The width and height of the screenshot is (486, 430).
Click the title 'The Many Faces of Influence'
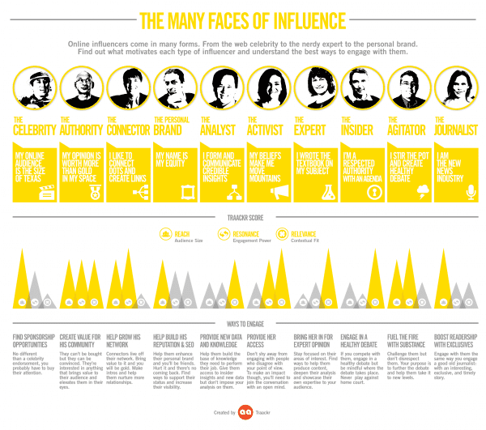click(x=242, y=19)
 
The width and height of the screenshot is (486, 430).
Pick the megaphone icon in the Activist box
click(x=280, y=192)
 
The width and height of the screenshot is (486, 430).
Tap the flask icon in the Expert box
click(x=328, y=192)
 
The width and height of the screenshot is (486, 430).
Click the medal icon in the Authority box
click(x=92, y=192)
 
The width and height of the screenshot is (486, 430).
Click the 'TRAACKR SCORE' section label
click(x=242, y=218)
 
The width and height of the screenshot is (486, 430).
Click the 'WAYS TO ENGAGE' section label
click(x=242, y=323)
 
